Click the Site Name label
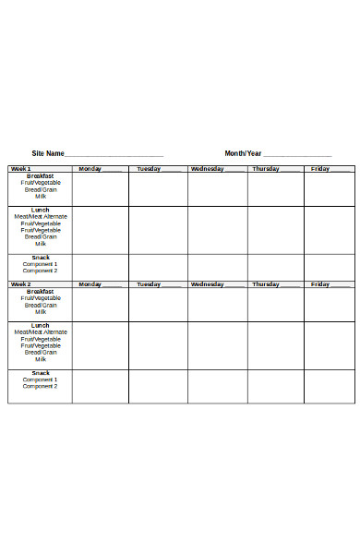pos(48,153)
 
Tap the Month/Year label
pos(243,153)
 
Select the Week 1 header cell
pos(20,169)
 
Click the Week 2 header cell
pos(20,284)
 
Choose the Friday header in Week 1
pos(320,169)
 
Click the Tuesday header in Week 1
pos(149,169)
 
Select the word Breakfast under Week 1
pos(41,175)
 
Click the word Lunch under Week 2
pos(41,325)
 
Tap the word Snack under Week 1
pos(41,258)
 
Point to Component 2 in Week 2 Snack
pos(41,386)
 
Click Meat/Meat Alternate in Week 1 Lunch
pos(41,216)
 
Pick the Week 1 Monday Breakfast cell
pos(100,189)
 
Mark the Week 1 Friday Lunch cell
pos(330,230)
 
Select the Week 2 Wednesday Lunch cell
pos(217,345)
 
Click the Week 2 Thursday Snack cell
pos(275,386)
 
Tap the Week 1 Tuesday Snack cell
pos(158,267)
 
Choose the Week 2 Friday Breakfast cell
pos(330,305)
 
